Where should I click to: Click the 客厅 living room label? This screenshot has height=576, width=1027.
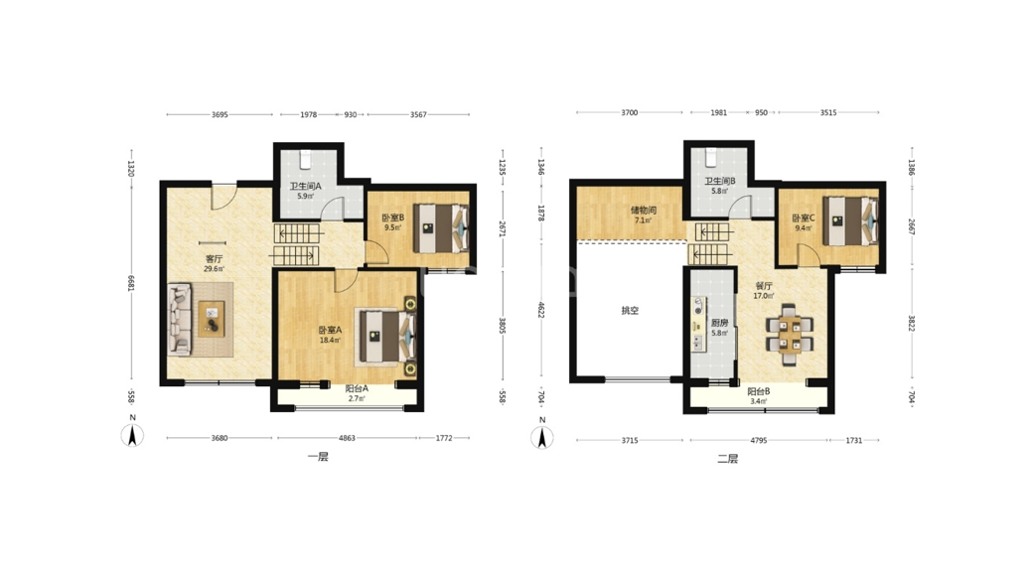tap(215, 259)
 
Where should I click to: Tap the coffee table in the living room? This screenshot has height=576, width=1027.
tap(211, 319)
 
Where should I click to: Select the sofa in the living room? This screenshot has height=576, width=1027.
tap(180, 319)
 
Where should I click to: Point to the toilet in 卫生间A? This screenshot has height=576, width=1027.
tap(305, 158)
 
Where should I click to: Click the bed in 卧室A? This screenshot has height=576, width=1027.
tap(386, 336)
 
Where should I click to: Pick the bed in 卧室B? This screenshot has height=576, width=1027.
tap(440, 227)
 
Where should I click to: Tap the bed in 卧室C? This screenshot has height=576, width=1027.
tap(850, 221)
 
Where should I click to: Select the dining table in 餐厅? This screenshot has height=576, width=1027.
tap(790, 334)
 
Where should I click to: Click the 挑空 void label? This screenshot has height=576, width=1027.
tap(630, 310)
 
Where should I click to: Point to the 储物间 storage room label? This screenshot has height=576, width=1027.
tap(644, 211)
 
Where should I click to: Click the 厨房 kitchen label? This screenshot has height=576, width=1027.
tap(719, 323)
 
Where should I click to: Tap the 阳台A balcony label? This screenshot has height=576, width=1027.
tap(357, 388)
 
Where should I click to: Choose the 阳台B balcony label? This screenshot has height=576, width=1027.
tap(759, 391)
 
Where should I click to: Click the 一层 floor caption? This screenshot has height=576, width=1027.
tap(318, 457)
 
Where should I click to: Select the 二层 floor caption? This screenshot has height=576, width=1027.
tap(728, 459)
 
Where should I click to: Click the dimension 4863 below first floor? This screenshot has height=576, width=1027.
tap(347, 438)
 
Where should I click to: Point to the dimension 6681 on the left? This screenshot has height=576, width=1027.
tap(130, 283)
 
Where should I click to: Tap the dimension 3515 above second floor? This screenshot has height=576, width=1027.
tap(828, 112)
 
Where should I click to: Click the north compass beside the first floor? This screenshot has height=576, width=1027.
tap(132, 432)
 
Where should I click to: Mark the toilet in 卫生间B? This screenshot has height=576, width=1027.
tap(711, 157)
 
